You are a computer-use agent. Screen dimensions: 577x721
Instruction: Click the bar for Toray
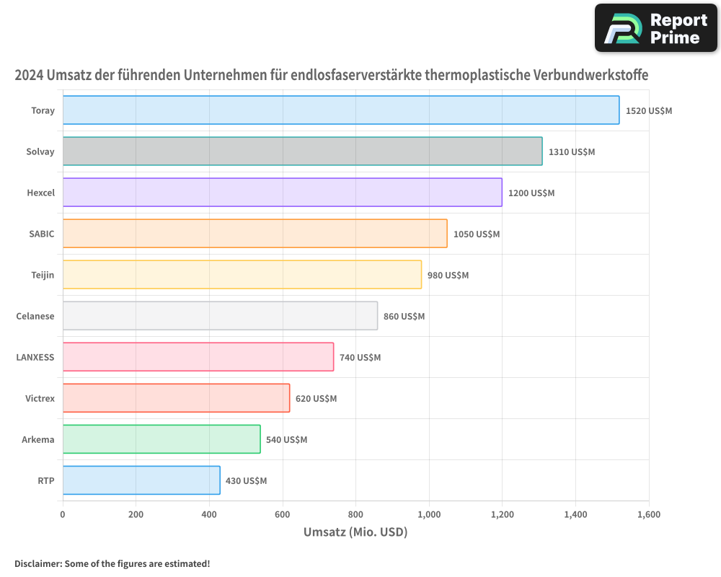coord(340,110)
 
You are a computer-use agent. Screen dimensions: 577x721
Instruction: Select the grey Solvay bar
coord(302,151)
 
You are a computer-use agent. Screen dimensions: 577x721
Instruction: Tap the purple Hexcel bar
coord(282,193)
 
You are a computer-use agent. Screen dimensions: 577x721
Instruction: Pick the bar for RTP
coord(141,480)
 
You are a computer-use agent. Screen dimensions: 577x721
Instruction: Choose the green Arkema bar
coord(162,439)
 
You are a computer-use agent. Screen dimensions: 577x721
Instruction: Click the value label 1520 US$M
coord(649,111)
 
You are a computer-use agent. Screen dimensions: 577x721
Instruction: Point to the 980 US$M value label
coord(448,276)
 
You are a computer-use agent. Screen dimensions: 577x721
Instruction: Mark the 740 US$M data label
coord(360,358)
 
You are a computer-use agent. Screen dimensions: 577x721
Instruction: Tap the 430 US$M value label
coord(246,481)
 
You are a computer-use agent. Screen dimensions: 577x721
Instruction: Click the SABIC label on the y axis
coord(41,234)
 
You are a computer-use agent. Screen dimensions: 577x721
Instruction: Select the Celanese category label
coord(35,316)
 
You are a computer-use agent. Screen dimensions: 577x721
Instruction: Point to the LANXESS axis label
coord(35,357)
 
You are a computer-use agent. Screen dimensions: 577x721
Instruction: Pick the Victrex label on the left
coord(40,398)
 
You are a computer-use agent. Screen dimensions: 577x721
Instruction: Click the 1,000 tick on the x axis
coord(429,515)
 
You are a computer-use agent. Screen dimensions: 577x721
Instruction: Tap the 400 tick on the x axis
coord(209,515)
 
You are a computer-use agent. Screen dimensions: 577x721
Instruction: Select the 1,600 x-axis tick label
coord(648,515)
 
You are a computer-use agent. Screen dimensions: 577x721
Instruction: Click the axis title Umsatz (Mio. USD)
coord(355,533)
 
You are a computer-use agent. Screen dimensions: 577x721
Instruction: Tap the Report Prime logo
coord(656,28)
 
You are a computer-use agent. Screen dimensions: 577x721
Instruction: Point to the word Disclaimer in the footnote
coord(37,564)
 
